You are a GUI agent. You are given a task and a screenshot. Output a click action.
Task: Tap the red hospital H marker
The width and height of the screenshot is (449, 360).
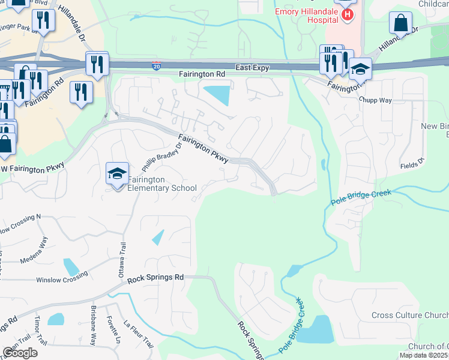click(x=346, y=13)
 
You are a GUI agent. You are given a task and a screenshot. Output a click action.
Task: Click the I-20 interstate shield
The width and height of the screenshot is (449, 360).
click(x=156, y=64)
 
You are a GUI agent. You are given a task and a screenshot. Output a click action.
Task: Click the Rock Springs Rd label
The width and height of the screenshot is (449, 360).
click(x=155, y=278)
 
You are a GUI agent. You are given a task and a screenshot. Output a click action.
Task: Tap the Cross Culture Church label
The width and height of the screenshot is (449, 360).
click(x=409, y=316)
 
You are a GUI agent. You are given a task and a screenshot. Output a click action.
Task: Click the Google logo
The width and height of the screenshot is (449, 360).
click(x=20, y=353)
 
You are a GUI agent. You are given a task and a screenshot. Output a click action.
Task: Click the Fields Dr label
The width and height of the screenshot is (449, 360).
click(x=412, y=163)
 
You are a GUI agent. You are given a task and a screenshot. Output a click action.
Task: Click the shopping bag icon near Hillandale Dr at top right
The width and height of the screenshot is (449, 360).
click(x=400, y=23)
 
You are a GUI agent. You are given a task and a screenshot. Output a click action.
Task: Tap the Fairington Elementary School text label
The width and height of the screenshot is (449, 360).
click(x=163, y=184)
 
